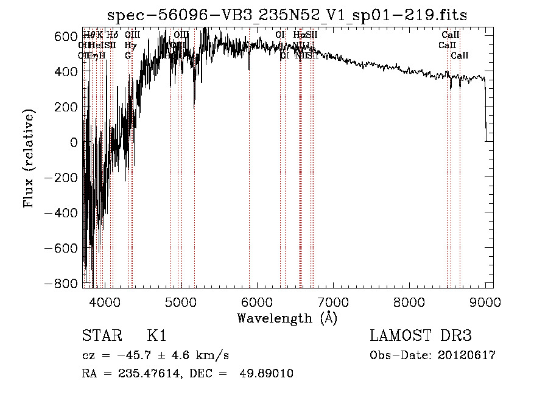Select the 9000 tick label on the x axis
[485, 301]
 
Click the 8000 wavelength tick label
[409, 301]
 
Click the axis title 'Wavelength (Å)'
[287, 318]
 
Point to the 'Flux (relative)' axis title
[29, 158]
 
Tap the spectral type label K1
[156, 336]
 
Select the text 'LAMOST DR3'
[420, 336]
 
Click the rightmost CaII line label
[460, 55]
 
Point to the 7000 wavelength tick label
[332, 301]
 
